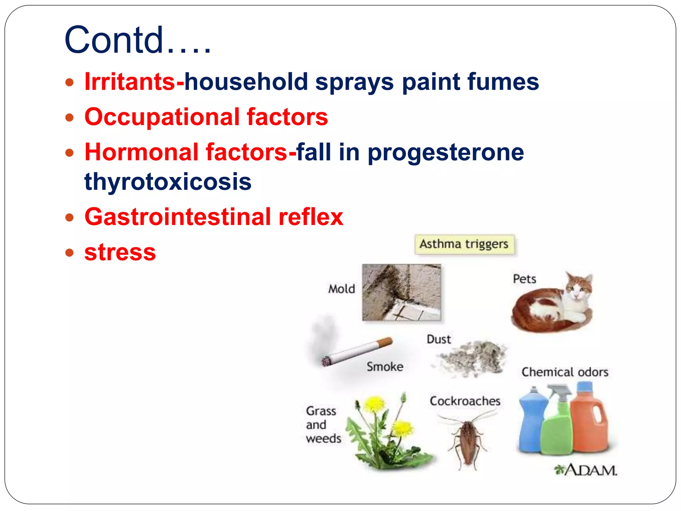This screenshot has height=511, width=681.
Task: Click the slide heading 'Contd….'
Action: (x=137, y=40)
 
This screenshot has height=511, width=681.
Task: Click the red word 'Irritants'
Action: (x=130, y=82)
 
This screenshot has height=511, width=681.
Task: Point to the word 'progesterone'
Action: (x=446, y=152)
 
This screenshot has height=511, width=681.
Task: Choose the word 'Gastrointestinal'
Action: (x=178, y=217)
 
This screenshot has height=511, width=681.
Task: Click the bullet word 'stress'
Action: (x=120, y=252)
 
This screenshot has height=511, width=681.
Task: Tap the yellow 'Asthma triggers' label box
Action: (x=464, y=244)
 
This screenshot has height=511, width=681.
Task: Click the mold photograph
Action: (x=401, y=292)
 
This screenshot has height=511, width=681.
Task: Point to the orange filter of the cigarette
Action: (x=386, y=342)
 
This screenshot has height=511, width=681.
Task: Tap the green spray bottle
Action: (x=557, y=429)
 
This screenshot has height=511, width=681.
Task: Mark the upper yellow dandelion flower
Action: (x=375, y=404)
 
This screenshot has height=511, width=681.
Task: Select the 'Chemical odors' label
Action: (x=565, y=372)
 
